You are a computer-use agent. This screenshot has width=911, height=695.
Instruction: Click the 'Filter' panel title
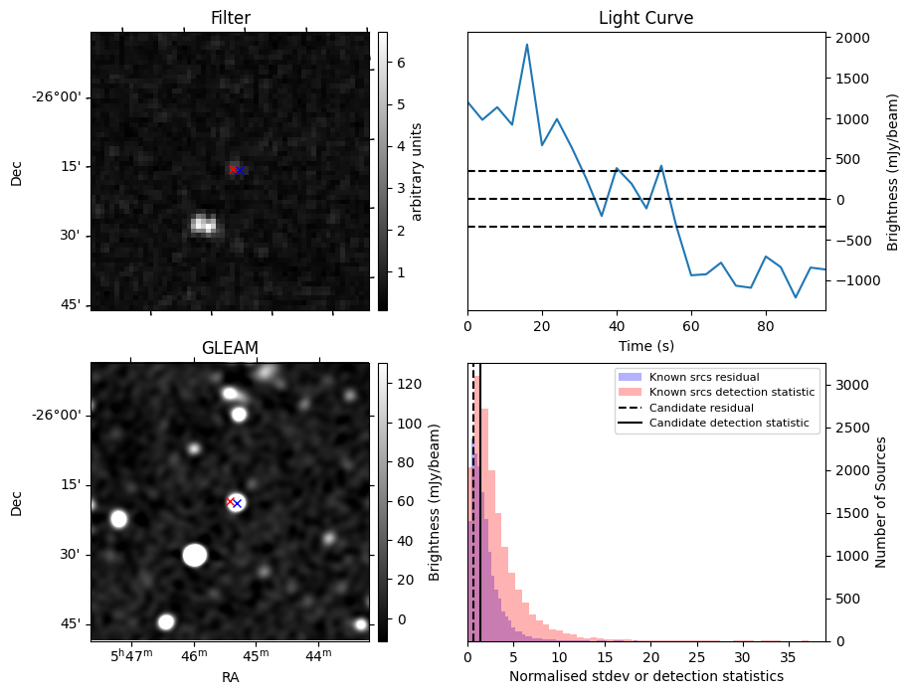pyautogui.click(x=230, y=18)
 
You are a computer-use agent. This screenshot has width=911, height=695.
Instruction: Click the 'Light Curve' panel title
pyautogui.click(x=645, y=18)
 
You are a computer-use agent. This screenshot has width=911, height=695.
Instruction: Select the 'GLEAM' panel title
pyautogui.click(x=230, y=347)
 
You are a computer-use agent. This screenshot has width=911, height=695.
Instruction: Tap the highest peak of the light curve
pyautogui.click(x=527, y=45)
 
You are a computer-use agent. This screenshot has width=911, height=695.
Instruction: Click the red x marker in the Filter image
pyautogui.click(x=233, y=169)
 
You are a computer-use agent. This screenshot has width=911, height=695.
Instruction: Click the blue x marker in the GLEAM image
pyautogui.click(x=238, y=504)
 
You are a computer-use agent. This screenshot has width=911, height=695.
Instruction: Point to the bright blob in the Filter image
pyautogui.click(x=204, y=224)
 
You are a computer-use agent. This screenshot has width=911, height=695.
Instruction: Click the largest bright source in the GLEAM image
pyautogui.click(x=195, y=555)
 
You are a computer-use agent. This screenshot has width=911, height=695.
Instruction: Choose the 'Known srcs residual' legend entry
pyautogui.click(x=703, y=378)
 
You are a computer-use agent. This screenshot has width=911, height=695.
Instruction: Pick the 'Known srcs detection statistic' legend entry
pyautogui.click(x=731, y=393)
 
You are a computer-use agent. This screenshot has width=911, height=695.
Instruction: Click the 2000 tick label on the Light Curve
pyautogui.click(x=852, y=38)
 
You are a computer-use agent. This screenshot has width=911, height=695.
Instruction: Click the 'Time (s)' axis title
pyautogui.click(x=645, y=345)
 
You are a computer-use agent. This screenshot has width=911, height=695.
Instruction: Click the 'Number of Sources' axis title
pyautogui.click(x=881, y=503)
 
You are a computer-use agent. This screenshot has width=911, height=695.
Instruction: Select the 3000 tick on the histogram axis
pyautogui.click(x=852, y=385)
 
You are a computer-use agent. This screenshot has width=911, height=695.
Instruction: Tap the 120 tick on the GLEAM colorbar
pyautogui.click(x=408, y=384)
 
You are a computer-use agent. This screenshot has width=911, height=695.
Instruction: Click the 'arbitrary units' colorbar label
pyautogui.click(x=417, y=171)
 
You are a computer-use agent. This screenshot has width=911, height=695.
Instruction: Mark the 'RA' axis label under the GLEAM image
pyautogui.click(x=230, y=677)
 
